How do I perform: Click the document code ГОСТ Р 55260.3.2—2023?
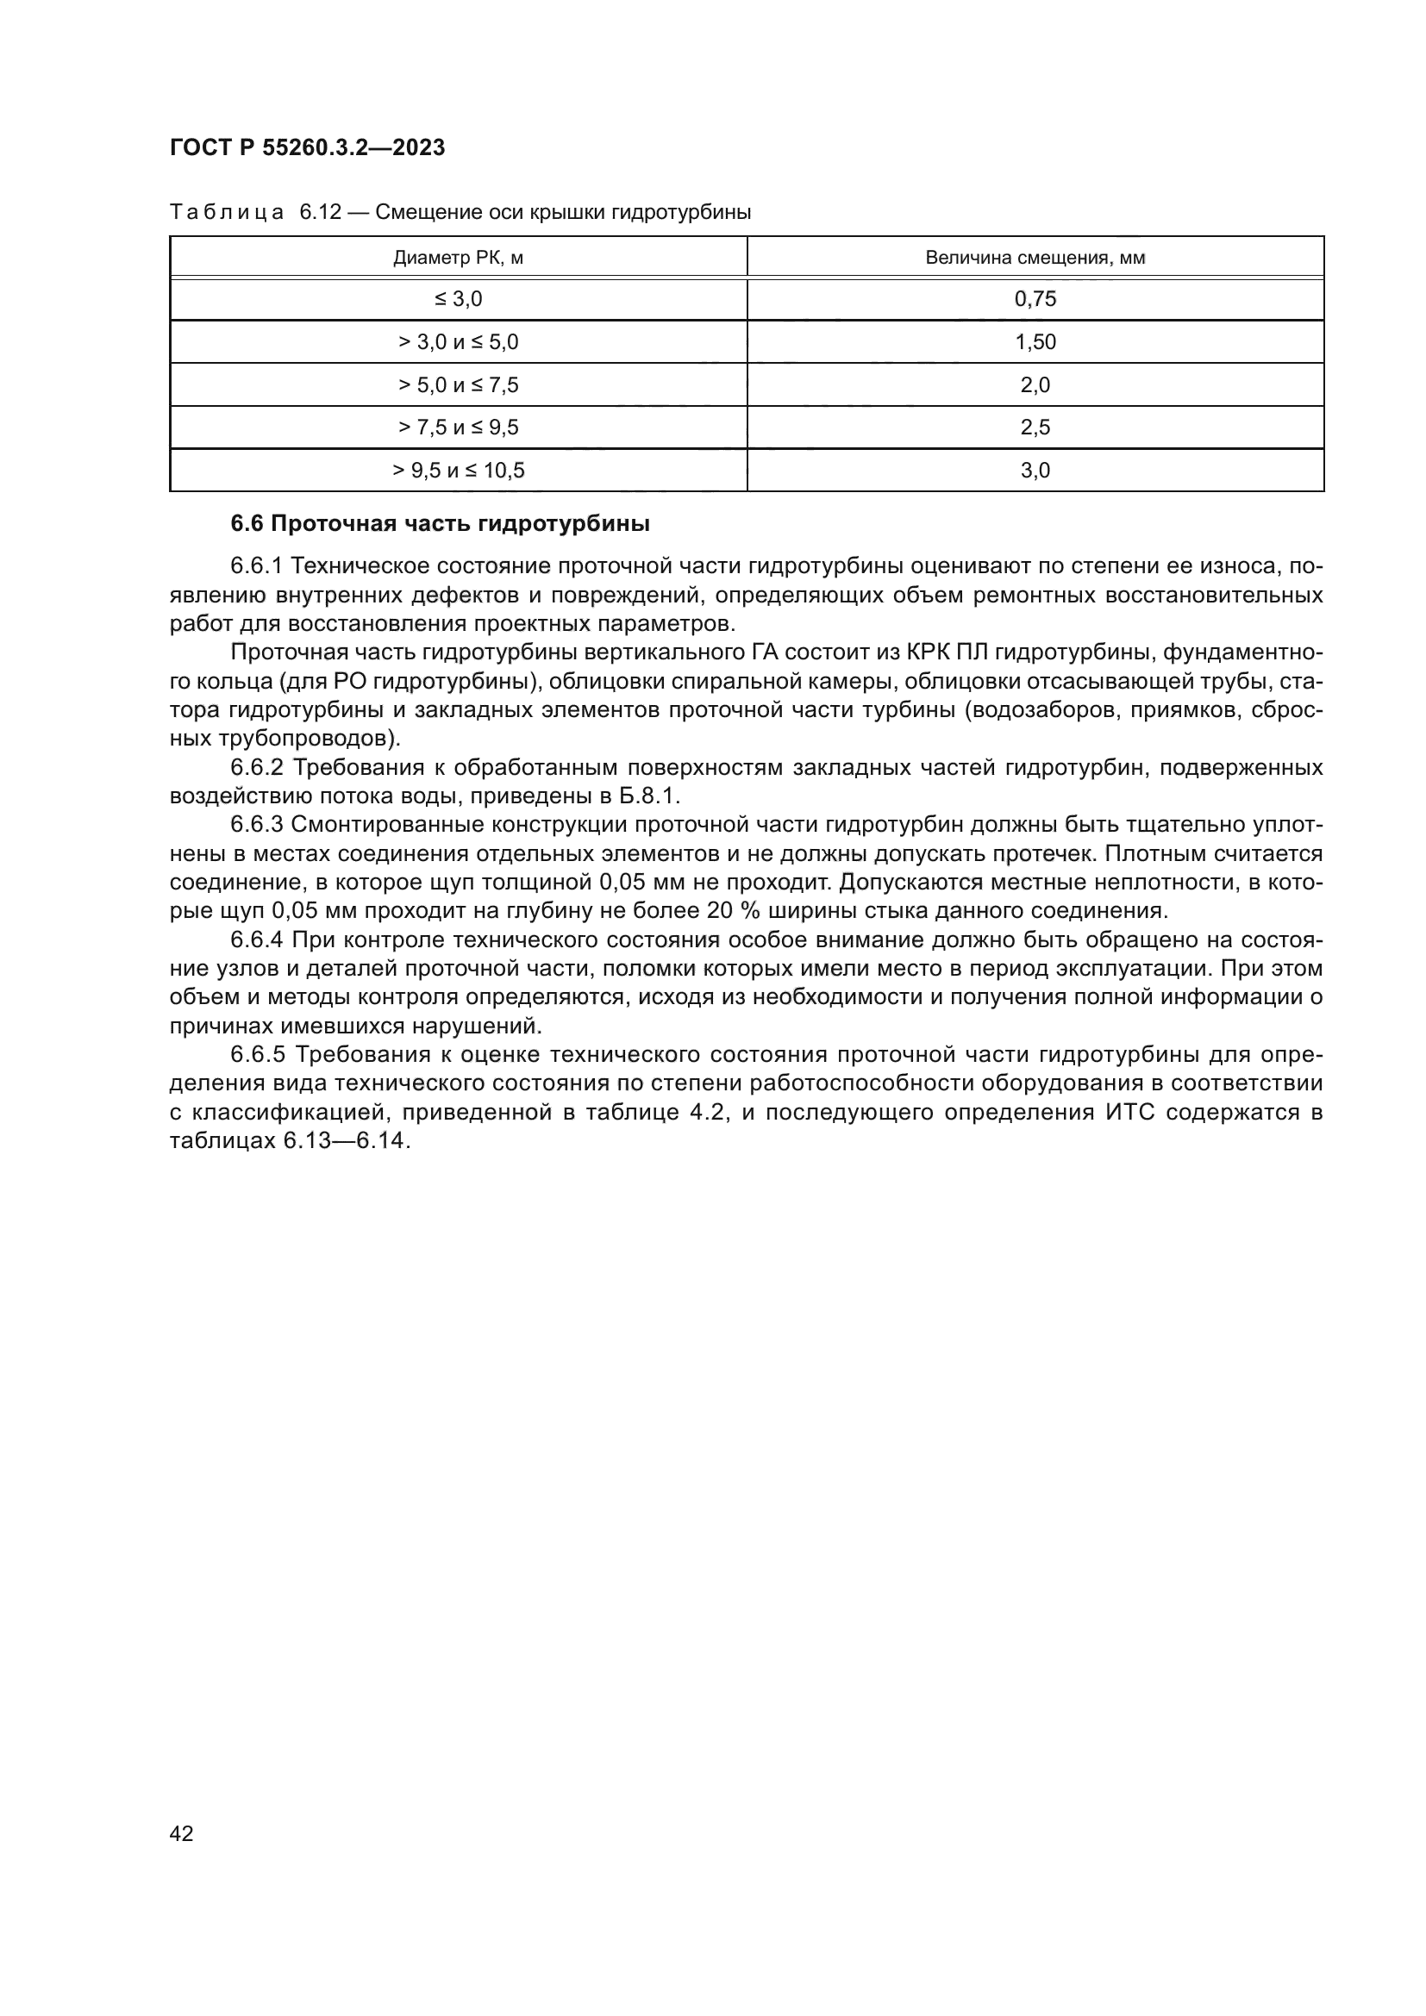click(x=307, y=147)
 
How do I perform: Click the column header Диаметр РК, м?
click(x=459, y=257)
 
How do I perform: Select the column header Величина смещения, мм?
click(x=1035, y=257)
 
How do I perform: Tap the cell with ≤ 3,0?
click(x=459, y=299)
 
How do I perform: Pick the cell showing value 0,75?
click(x=1035, y=299)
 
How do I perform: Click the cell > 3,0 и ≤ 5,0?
click(x=459, y=342)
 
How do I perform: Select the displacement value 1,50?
click(x=1035, y=342)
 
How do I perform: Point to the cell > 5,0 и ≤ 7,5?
click(x=459, y=384)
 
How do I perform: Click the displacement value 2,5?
click(x=1035, y=428)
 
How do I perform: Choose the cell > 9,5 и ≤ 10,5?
click(x=459, y=471)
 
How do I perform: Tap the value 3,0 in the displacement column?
click(x=1035, y=471)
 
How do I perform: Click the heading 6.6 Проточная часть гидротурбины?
click(x=440, y=524)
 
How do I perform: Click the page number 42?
click(x=181, y=1833)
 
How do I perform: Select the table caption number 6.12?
click(x=320, y=213)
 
